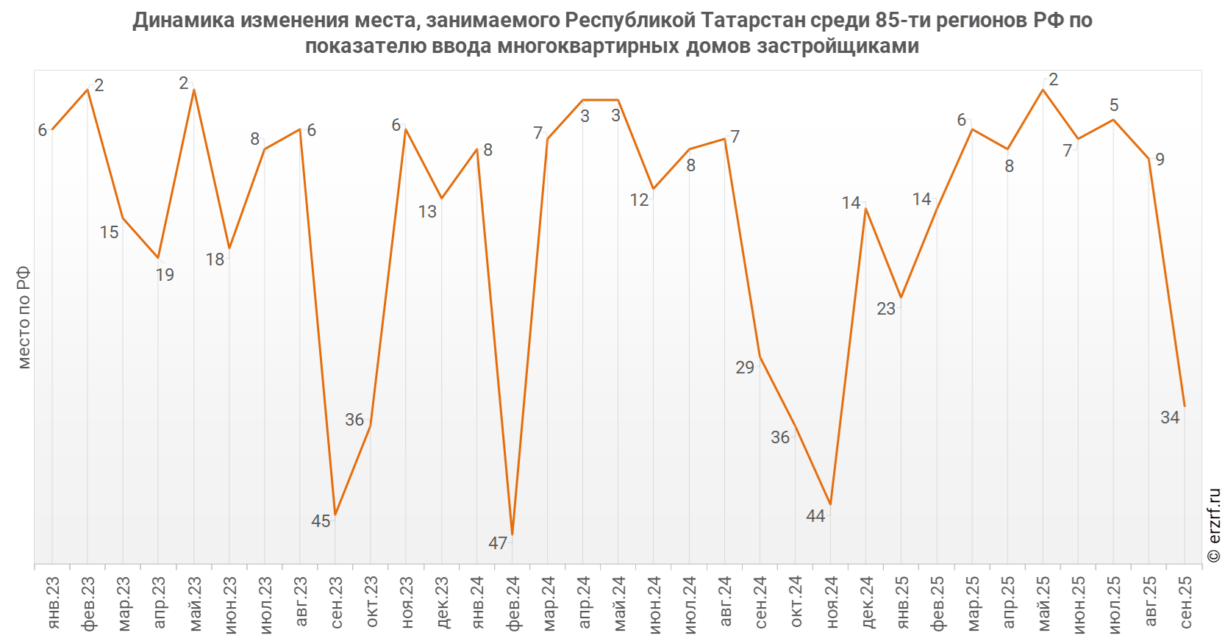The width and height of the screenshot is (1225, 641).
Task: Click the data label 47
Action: click(x=498, y=543)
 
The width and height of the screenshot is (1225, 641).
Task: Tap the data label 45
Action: click(x=321, y=521)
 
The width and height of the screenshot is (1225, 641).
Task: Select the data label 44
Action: click(x=815, y=516)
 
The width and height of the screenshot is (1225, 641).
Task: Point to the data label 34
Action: click(x=1170, y=418)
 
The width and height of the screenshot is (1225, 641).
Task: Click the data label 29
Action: click(x=745, y=368)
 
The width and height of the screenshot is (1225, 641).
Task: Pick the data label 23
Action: click(x=886, y=309)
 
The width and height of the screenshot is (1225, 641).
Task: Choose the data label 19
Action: click(x=165, y=275)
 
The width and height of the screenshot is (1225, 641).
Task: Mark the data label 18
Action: click(x=215, y=259)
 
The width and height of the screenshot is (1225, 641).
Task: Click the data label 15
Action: click(x=109, y=232)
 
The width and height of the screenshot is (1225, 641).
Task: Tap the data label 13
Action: click(x=427, y=212)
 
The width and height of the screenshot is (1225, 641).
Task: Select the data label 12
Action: click(x=639, y=200)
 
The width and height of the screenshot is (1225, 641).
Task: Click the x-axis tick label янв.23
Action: click(x=53, y=603)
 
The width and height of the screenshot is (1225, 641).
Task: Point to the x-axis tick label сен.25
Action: click(x=1185, y=603)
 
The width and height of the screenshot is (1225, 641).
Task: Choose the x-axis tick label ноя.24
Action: click(x=832, y=603)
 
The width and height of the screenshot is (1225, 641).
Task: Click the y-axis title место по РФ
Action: click(x=24, y=318)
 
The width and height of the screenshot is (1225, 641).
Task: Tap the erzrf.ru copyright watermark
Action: click(x=1214, y=526)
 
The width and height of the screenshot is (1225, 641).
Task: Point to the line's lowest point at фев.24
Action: click(x=512, y=534)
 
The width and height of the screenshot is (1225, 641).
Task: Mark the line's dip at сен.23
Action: click(x=335, y=515)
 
